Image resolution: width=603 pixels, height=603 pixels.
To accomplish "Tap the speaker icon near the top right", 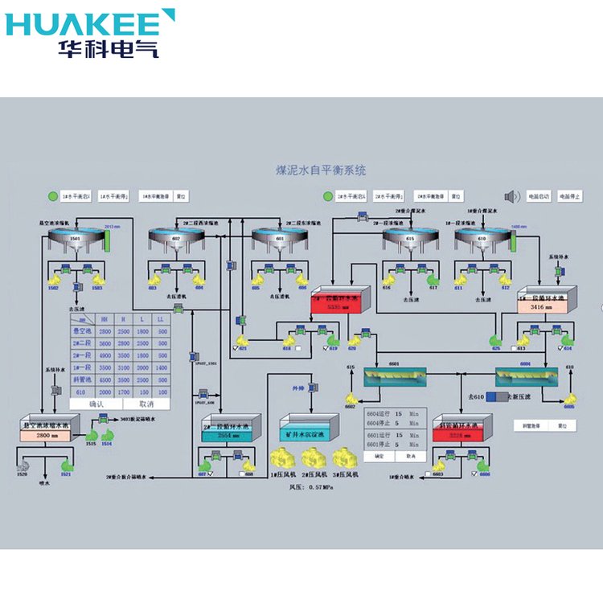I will coord(509,196).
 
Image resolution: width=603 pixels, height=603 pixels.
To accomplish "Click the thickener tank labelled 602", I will coord(177,240).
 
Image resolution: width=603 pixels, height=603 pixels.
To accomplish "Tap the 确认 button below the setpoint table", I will coord(97,403).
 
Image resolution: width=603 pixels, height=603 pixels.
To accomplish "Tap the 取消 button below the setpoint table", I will coord(146,403).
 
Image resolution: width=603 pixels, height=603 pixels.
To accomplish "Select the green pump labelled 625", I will coord(496,342).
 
